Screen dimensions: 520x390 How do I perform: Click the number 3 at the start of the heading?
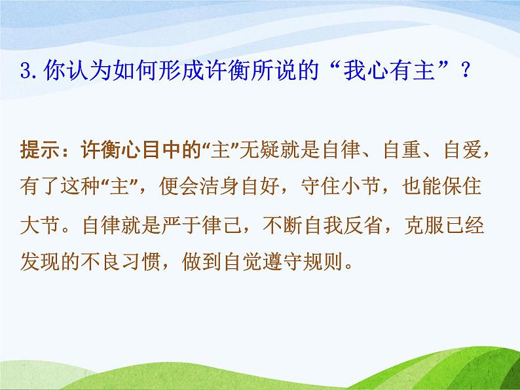tap(26, 71)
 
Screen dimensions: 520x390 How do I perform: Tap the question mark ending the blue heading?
tap(466, 71)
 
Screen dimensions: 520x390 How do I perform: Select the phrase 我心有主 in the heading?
tap(388, 70)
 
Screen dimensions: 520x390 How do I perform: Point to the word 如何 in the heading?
tap(135, 70)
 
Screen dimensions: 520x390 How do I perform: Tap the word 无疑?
tap(259, 149)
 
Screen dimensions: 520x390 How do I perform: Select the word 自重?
tap(402, 149)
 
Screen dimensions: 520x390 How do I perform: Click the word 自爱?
tap(463, 149)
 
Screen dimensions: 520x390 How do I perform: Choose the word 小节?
tap(361, 186)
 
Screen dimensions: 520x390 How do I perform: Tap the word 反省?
tap(362, 225)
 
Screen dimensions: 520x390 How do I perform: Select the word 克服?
tap(424, 225)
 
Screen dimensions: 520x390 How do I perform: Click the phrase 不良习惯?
tap(121, 262)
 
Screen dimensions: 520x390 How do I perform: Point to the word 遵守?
tap(282, 262)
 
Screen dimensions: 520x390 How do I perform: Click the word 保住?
tap(462, 186)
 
